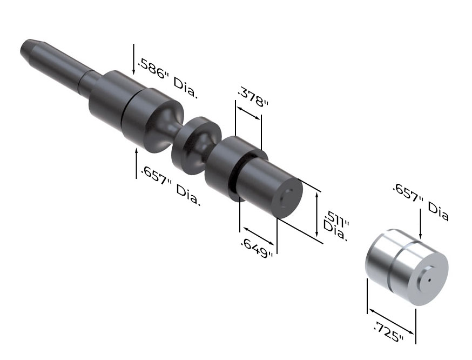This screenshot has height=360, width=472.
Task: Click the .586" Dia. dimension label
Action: [167, 79]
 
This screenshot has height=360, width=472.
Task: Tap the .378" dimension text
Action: [253, 97]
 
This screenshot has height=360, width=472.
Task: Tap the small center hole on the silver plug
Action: [429, 280]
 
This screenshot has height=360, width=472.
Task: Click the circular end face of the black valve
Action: [287, 198]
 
